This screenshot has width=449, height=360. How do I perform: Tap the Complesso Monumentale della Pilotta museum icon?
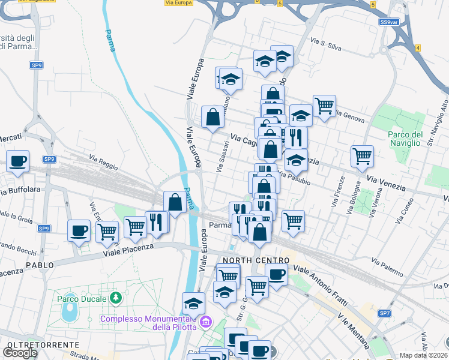206,323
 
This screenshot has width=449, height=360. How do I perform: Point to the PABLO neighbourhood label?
39,265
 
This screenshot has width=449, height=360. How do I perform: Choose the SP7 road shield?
384,314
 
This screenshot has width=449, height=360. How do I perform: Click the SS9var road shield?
389,22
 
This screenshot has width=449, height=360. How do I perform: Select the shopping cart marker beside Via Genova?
324,106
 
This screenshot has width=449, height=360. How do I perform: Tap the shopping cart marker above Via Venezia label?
362,157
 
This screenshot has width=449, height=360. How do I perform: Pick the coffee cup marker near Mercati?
18,161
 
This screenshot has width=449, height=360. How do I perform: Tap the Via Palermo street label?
387,267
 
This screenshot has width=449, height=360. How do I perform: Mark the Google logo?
20,353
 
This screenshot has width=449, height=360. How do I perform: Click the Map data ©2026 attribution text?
424,355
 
